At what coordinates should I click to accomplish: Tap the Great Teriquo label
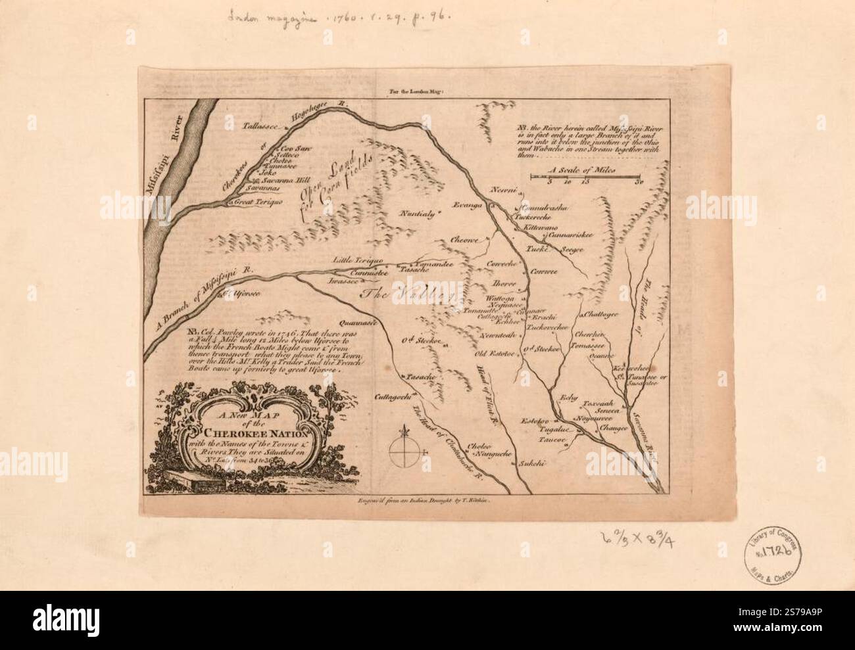tap(258, 202)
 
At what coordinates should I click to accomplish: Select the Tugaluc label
tap(562, 429)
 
